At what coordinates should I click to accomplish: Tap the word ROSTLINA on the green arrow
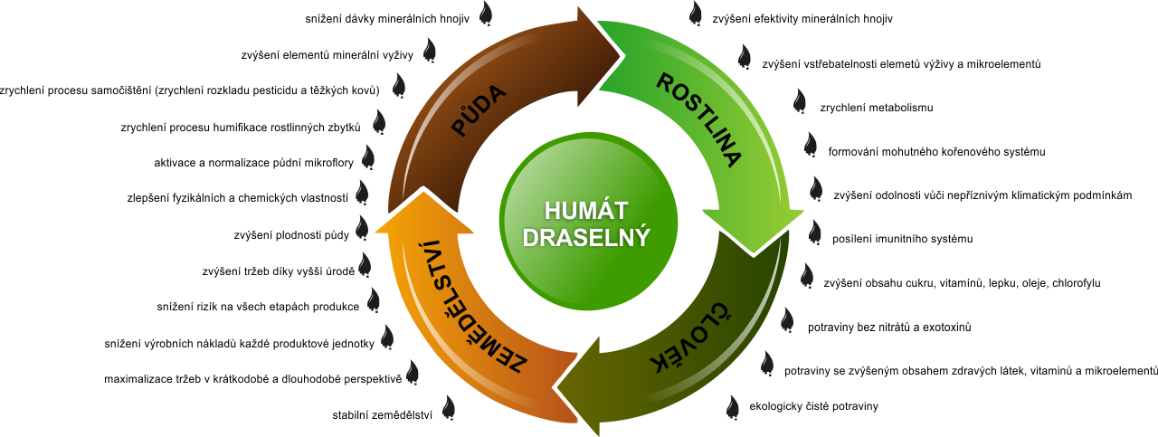coord(698,120)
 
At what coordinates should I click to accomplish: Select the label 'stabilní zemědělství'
coord(383,416)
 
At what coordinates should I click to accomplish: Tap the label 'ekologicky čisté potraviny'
coord(813,406)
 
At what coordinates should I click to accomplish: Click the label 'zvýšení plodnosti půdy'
coord(290,236)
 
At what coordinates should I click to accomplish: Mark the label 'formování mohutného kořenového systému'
coord(936,151)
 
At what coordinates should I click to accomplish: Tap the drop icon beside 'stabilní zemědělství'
coord(448,408)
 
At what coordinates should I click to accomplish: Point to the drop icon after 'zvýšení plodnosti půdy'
coord(362,228)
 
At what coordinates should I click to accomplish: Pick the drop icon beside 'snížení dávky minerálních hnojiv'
coord(486,14)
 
